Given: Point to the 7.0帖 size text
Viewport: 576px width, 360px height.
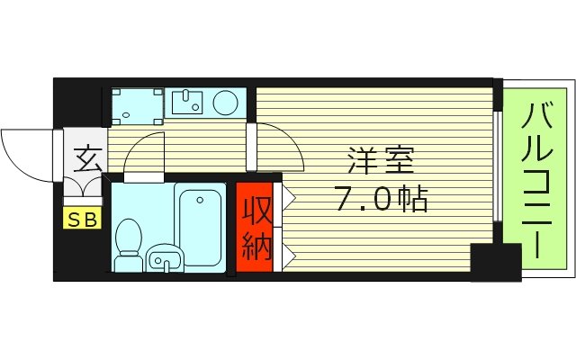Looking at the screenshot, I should coord(382,197).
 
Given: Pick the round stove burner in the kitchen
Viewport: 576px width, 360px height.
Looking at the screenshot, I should coord(227,103).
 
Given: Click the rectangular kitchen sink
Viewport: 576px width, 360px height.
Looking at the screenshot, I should coord(189,103).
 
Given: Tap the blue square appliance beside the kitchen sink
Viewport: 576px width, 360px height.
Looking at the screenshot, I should coord(138,104).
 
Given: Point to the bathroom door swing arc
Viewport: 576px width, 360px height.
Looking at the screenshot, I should coord(144,153).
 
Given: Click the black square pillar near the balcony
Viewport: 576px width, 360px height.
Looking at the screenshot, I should coord(495,262).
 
